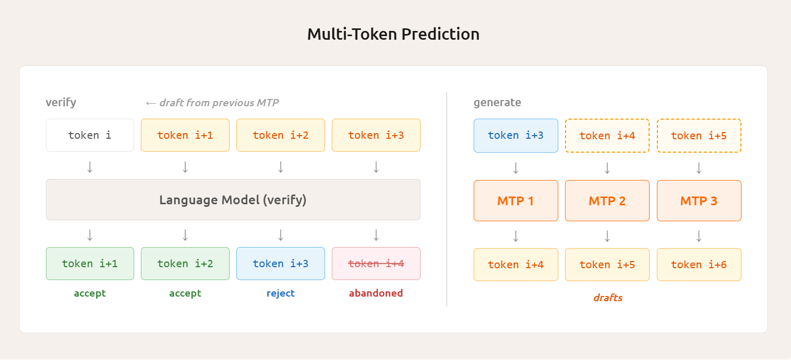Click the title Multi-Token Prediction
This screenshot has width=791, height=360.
point(393,34)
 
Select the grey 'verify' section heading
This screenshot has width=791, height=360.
point(61,102)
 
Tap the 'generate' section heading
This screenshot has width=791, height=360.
point(497,103)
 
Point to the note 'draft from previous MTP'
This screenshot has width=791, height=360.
point(213,103)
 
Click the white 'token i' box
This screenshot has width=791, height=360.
point(90,135)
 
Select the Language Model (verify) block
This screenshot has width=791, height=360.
point(233,200)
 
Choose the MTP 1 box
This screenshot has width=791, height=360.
point(515,201)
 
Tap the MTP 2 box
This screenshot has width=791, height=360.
point(607,201)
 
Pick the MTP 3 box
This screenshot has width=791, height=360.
point(699,201)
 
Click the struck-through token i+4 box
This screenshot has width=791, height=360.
point(376,264)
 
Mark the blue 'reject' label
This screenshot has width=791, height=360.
point(281,293)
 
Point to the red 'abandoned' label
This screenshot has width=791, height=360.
point(376,293)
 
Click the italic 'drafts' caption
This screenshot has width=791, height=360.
point(607,298)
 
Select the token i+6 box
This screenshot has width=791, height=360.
point(699,265)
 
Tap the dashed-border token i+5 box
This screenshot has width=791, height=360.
point(699,136)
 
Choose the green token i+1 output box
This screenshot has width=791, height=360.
point(90,264)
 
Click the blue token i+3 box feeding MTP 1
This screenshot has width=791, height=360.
point(515,136)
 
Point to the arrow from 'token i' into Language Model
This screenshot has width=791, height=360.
point(90,167)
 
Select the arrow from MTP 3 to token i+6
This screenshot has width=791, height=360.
point(699,236)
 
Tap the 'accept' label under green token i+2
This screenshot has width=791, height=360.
point(185,293)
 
